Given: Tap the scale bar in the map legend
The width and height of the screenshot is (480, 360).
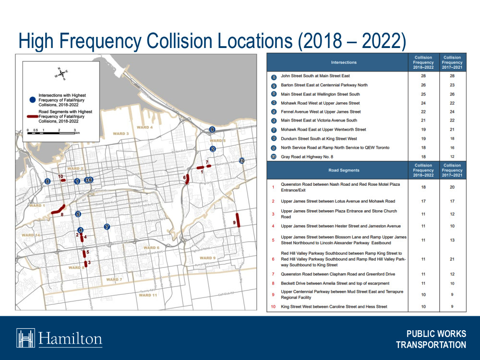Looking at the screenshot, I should coord(53,132).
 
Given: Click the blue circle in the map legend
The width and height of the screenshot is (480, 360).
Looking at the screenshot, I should coord(32,99).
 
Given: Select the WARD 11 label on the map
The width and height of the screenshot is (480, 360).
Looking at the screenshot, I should coord(148,295).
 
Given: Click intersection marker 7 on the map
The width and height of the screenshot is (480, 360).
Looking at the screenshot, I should coord(107,227).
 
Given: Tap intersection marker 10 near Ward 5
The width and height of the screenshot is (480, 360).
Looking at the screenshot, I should coord(241,161).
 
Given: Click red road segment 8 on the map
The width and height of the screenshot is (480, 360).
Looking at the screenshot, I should coord(58,210).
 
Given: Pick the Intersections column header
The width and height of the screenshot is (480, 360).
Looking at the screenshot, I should coord(344,62).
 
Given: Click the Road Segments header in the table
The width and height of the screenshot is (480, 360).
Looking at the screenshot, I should coord(344,170).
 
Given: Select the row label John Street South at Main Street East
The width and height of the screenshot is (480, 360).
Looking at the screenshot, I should coord(315,76).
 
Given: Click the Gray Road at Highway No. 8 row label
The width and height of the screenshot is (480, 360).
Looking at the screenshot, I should coord(307,156).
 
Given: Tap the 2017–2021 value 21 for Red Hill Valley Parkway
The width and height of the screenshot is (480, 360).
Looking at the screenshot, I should coord(452,259).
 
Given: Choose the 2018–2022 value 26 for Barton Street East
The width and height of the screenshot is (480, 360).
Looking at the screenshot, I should coord(423,85).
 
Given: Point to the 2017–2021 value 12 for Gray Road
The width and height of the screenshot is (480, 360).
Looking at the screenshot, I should coord(452,156).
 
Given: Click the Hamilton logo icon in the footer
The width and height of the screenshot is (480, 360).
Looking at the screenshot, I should coord(26,338).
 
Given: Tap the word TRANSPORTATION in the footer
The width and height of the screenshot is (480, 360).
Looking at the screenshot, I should coord(431,345).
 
